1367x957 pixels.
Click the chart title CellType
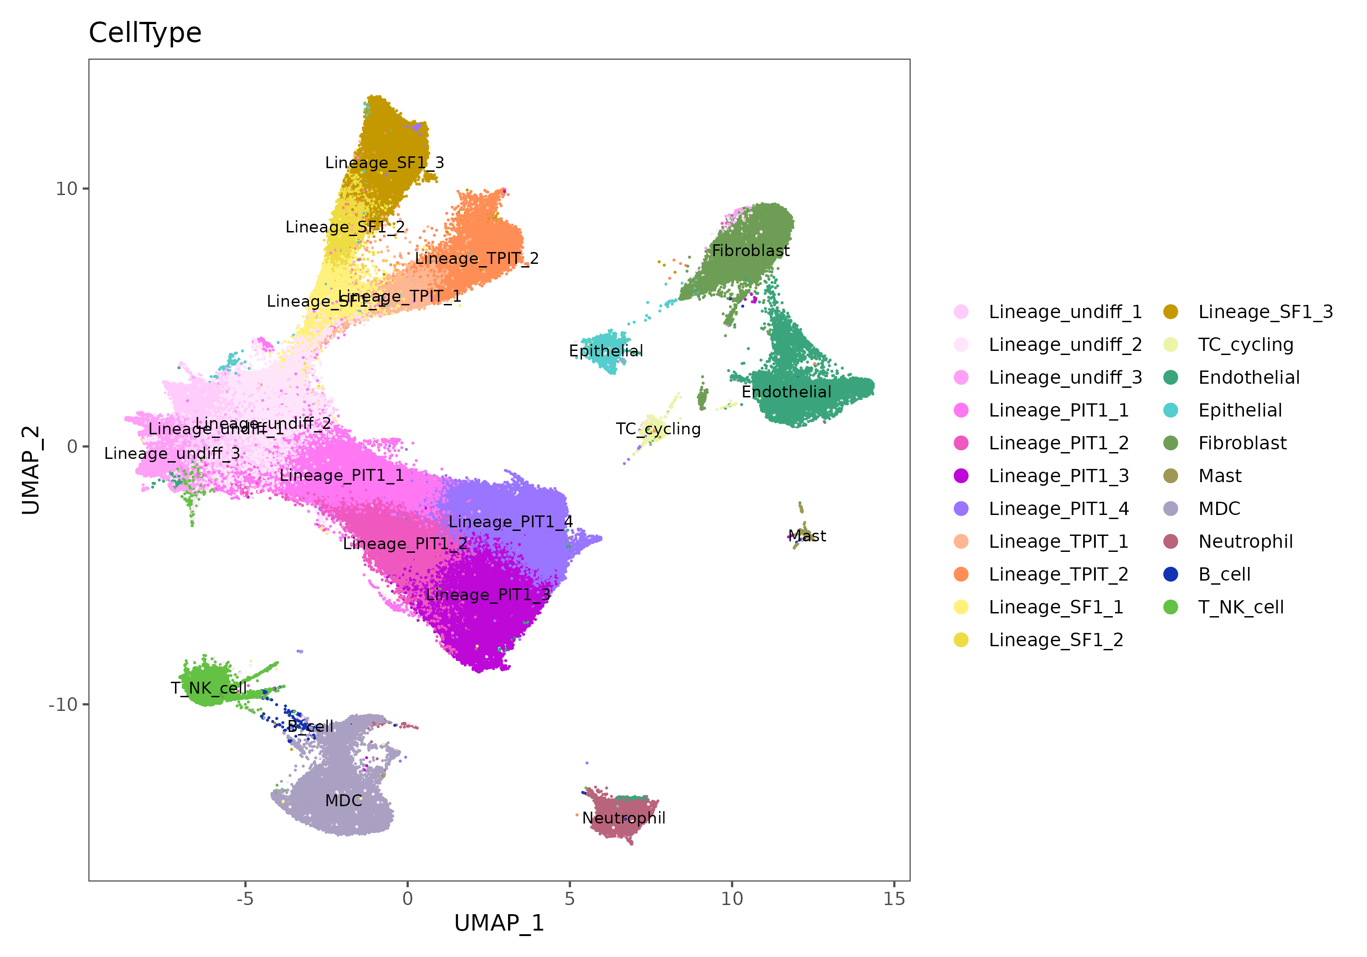pyautogui.click(x=145, y=33)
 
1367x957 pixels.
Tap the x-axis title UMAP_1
pyautogui.click(x=499, y=923)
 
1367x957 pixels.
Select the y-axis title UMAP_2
pyautogui.click(x=31, y=470)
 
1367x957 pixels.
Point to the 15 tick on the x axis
pyautogui.click(x=894, y=899)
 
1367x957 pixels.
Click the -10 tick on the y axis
pyautogui.click(x=63, y=705)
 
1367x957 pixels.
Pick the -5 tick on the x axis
pyautogui.click(x=245, y=899)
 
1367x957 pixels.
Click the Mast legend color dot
pyautogui.click(x=1171, y=476)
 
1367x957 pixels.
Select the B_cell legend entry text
pyautogui.click(x=1224, y=574)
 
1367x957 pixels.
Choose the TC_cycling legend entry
pyautogui.click(x=1245, y=345)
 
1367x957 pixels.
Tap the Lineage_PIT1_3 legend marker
pyautogui.click(x=961, y=476)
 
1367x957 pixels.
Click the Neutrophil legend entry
pyautogui.click(x=1245, y=541)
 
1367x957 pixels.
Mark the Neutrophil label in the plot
pyautogui.click(x=623, y=818)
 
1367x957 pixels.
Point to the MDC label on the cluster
pyautogui.click(x=344, y=800)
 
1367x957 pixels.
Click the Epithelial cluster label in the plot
pyautogui.click(x=606, y=351)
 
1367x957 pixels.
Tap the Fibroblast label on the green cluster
pyautogui.click(x=751, y=251)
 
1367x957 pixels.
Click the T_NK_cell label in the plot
pyautogui.click(x=208, y=689)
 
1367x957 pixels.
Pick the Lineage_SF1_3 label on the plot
pyautogui.click(x=385, y=163)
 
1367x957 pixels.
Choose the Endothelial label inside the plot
pyautogui.click(x=786, y=392)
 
